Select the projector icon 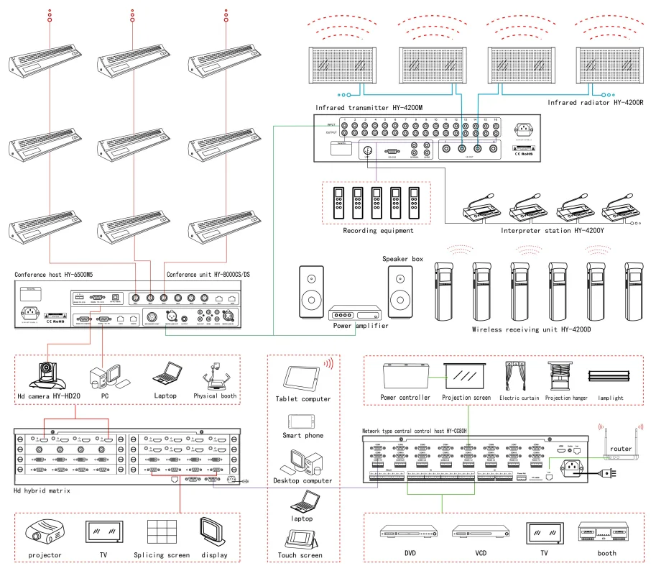(x=45, y=533)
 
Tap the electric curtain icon (x=516, y=375)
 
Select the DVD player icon (x=409, y=533)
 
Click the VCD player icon (x=481, y=533)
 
